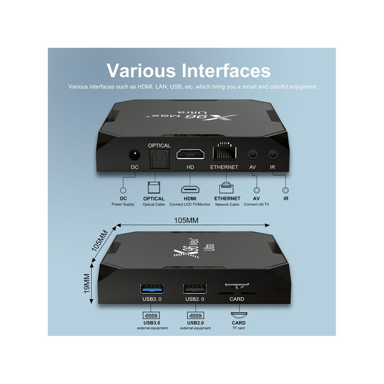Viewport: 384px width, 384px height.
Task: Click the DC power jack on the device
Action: click(134, 156)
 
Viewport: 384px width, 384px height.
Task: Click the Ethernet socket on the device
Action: click(224, 153)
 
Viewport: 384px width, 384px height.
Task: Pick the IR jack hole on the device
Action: click(273, 156)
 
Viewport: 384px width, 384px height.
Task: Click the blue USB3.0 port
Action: click(151, 289)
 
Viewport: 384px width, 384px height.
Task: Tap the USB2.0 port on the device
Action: click(195, 289)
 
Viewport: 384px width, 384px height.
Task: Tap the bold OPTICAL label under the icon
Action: click(154, 199)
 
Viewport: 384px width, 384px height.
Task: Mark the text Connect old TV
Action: click(256, 204)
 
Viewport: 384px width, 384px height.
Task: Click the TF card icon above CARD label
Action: click(238, 315)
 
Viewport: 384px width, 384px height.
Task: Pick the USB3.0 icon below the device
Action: click(151, 316)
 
